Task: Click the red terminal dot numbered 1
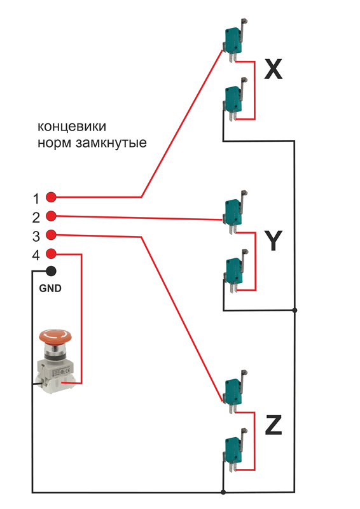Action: point(51,197)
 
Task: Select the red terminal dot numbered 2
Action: point(51,216)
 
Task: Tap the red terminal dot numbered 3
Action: point(51,234)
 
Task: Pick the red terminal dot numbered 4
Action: point(51,253)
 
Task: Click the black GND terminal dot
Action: point(51,271)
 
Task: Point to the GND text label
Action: point(50,288)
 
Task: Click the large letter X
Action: point(273,69)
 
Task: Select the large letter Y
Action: point(273,241)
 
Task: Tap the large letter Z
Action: point(273,424)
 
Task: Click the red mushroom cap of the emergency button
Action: point(55,336)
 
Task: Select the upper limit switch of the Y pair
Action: point(234,212)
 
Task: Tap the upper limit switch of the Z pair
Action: point(234,391)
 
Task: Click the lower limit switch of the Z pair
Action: point(234,450)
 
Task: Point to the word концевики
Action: point(72,126)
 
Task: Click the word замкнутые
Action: point(111,143)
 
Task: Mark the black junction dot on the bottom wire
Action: point(223,492)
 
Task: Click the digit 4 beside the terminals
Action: point(36,255)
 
